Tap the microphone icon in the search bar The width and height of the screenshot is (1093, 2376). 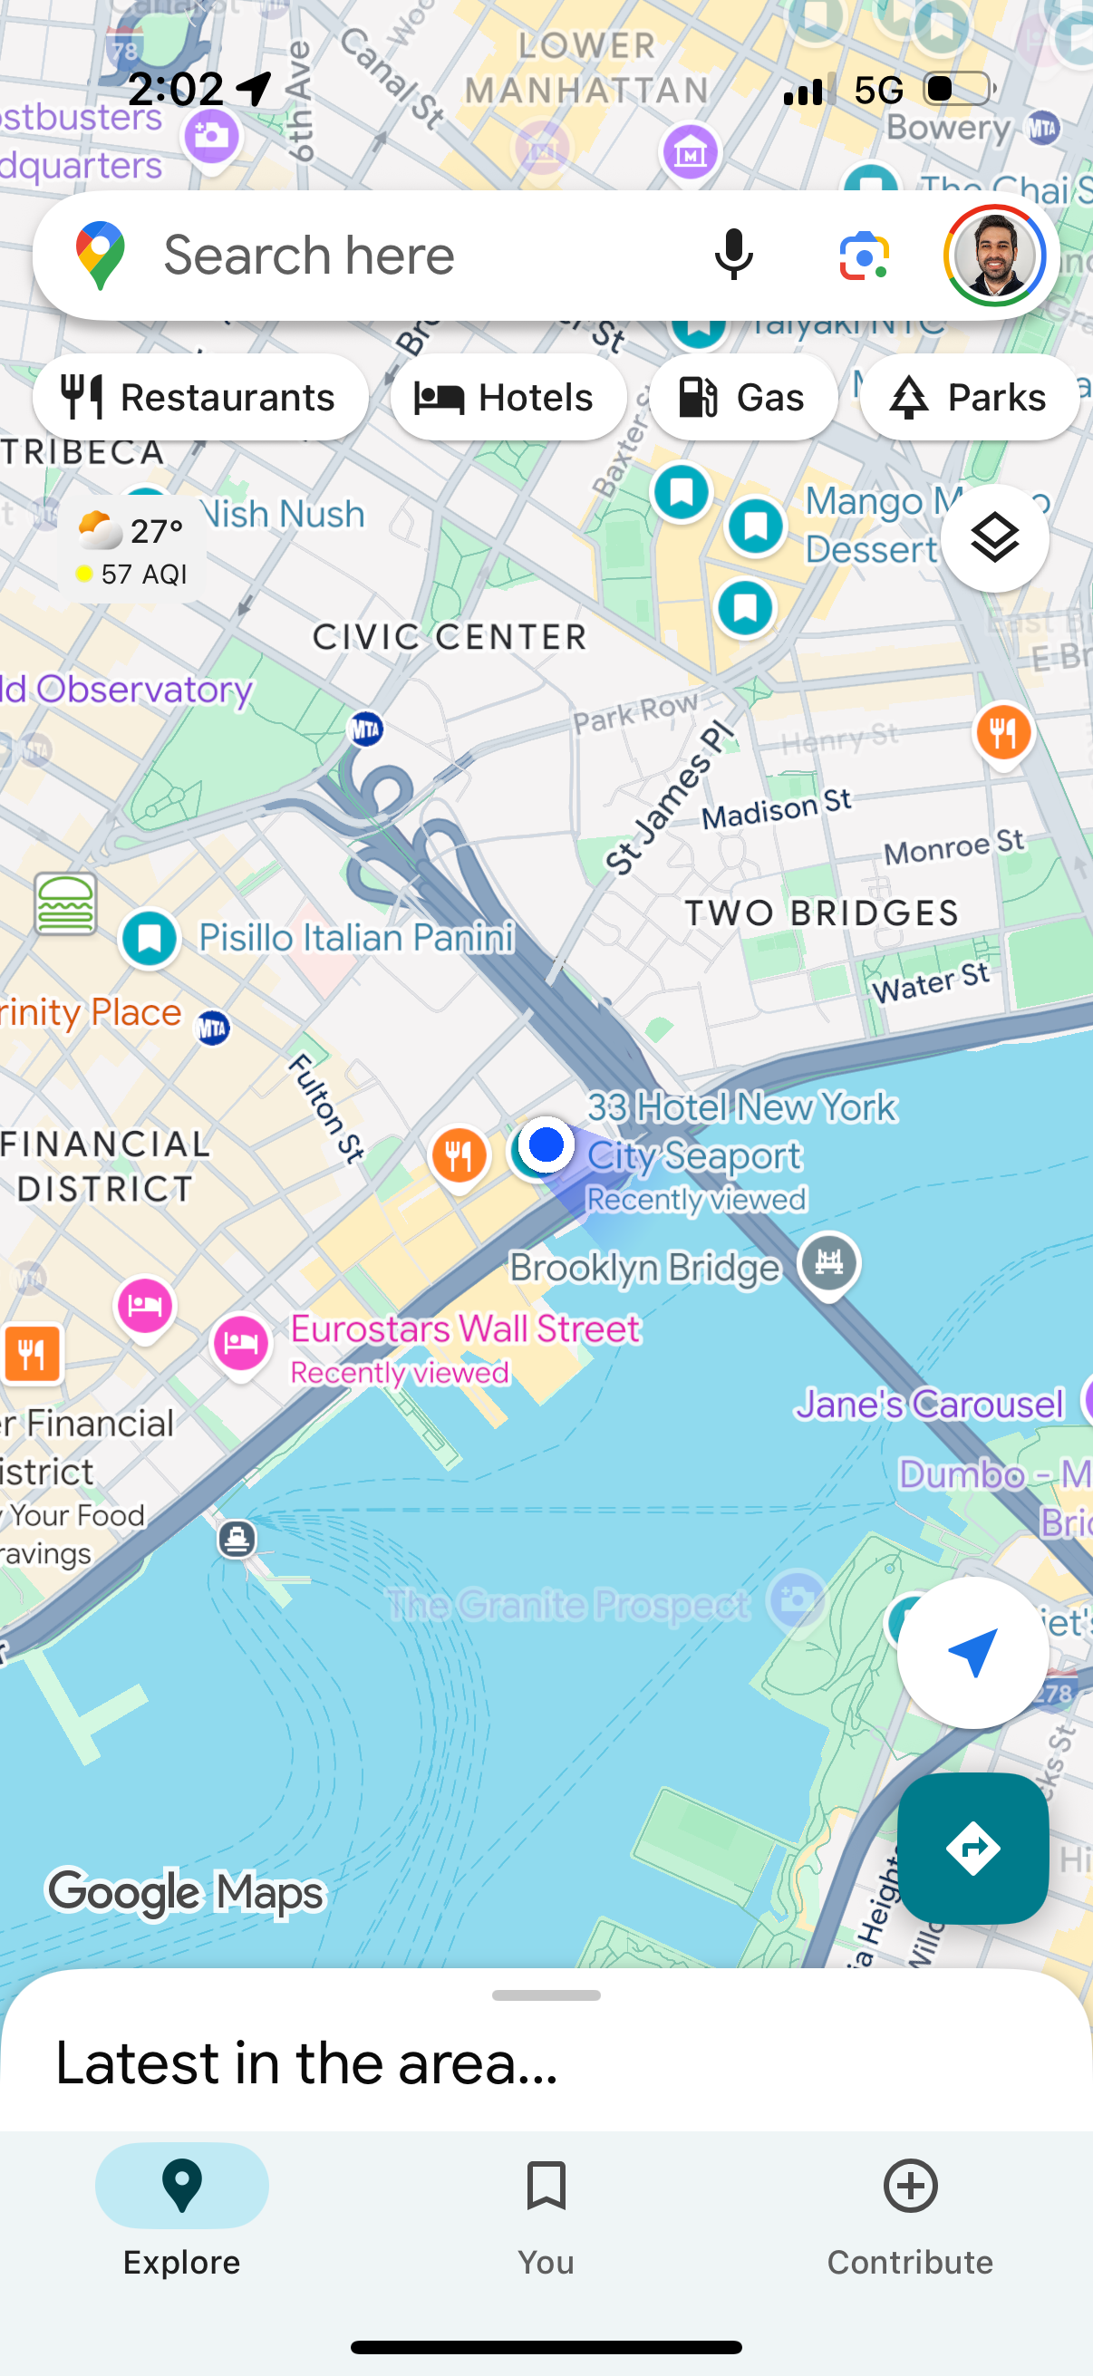[733, 256]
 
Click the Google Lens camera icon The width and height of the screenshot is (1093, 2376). [864, 256]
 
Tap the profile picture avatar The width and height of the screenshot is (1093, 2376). [994, 256]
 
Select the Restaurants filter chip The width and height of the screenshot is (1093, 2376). [200, 398]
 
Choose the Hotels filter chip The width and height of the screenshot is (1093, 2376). [508, 398]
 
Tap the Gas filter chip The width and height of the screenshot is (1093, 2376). [743, 398]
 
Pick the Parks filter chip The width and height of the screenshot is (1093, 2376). [970, 398]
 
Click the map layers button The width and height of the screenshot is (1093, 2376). [994, 537]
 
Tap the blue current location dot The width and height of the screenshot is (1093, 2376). [546, 1145]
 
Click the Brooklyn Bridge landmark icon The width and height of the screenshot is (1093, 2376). [828, 1262]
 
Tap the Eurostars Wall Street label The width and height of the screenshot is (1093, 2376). [465, 1329]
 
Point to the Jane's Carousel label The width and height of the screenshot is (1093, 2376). [930, 1405]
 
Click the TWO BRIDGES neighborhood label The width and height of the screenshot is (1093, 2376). [822, 913]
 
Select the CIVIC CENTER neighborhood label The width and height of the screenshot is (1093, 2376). [450, 636]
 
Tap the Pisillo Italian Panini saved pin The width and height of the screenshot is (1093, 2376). [150, 939]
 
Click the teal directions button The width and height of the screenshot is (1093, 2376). [972, 1848]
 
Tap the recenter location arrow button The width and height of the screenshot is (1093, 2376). [972, 1652]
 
